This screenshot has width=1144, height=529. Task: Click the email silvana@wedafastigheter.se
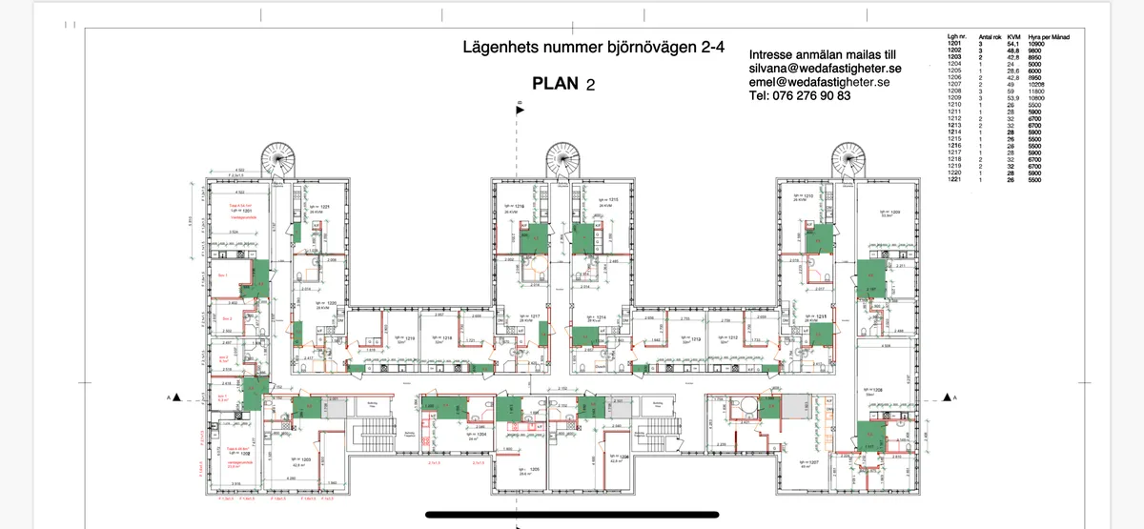[825, 69]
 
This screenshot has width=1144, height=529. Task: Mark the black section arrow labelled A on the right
[947, 397]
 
